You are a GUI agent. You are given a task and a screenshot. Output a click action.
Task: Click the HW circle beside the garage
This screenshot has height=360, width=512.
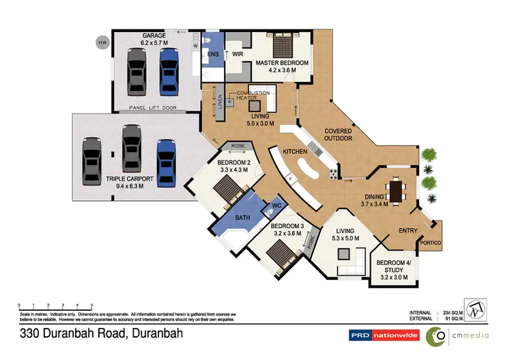[102, 43]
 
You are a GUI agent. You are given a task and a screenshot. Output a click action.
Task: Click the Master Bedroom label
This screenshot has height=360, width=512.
[282, 63]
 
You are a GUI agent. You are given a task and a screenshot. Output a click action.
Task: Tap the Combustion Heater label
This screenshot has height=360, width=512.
[253, 95]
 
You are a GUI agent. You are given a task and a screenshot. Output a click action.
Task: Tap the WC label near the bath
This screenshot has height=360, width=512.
[277, 205]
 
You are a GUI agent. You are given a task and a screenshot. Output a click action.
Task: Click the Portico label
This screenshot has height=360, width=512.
[431, 243]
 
